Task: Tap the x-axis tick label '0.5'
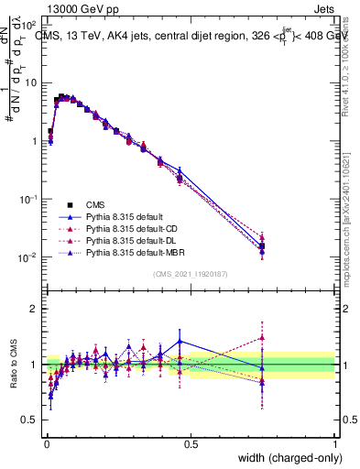pos(191,443)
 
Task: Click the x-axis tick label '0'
pos(46,443)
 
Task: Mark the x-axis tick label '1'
pos(335,443)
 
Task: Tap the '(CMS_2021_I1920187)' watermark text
pos(191,273)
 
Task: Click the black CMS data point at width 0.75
pos(263,245)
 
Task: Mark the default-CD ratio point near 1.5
pos(263,337)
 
